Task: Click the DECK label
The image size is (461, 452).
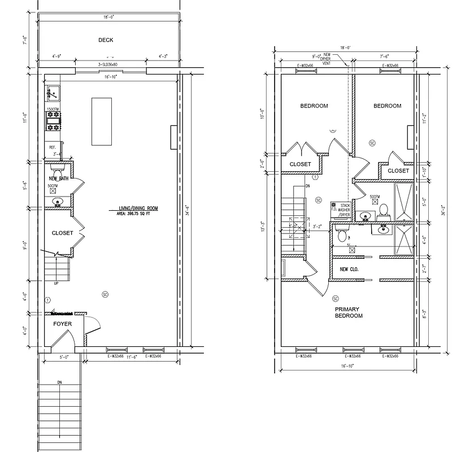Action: click(106, 40)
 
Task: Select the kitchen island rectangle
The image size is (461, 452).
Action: click(101, 121)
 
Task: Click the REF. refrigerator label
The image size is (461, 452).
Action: click(52, 147)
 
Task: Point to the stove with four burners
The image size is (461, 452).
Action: click(53, 121)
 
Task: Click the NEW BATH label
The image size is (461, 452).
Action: click(58, 179)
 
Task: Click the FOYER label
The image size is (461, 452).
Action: click(62, 324)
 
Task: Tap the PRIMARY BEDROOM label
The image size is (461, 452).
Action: click(348, 312)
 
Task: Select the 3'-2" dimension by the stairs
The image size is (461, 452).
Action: click(317, 228)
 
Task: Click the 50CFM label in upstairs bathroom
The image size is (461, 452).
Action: click(375, 196)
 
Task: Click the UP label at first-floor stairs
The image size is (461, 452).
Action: click(55, 283)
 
